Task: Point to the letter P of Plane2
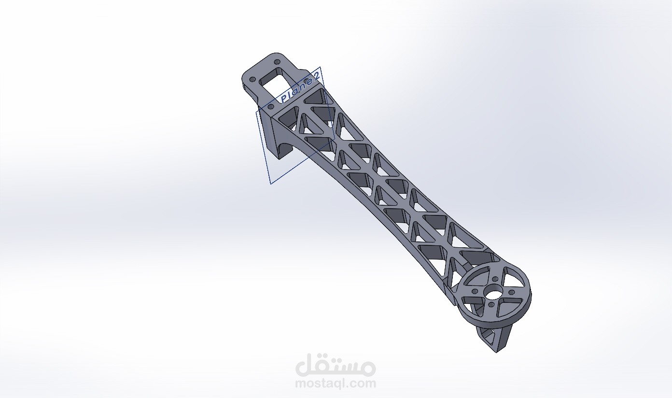(x=284, y=99)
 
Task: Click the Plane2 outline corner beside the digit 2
(x=320, y=67)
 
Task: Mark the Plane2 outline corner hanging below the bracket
(x=271, y=184)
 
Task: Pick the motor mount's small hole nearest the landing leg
(x=491, y=305)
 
